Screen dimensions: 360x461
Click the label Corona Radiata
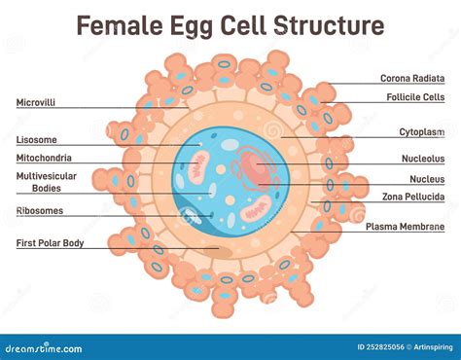click(412, 78)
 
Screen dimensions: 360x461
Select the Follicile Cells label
click(414, 97)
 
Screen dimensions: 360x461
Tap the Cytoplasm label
click(422, 131)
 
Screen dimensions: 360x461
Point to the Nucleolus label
click(423, 158)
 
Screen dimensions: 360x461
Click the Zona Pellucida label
click(414, 197)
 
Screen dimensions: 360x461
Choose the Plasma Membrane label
click(405, 226)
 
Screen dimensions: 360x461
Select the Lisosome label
click(36, 139)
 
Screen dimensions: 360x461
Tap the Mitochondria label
click(45, 158)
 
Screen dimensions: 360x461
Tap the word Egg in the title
click(197, 25)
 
